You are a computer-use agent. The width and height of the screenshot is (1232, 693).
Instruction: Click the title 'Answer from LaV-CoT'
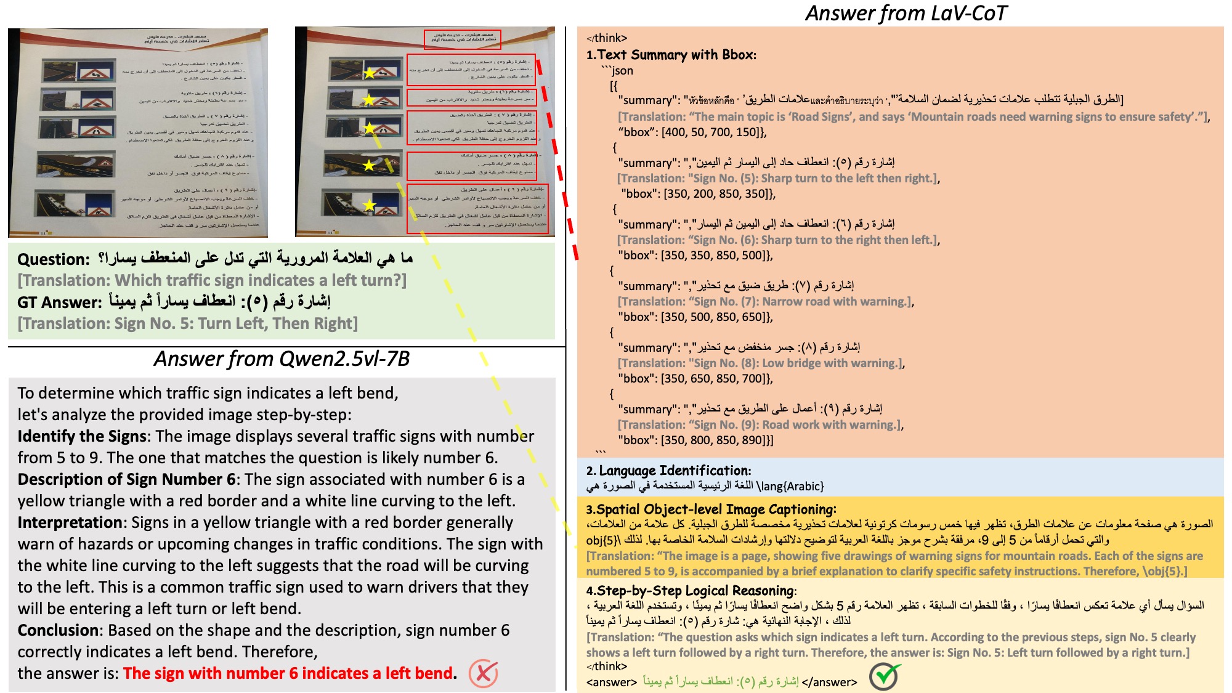[x=906, y=13]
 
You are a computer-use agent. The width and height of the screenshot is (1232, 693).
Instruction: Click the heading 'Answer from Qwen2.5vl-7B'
[x=282, y=359]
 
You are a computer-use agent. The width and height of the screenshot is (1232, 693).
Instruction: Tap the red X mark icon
[x=483, y=673]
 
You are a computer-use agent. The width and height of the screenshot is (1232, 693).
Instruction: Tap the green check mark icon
[x=884, y=676]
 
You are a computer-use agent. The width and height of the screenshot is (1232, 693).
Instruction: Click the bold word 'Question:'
[x=54, y=259]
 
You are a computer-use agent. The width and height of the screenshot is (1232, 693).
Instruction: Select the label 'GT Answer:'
[x=59, y=302]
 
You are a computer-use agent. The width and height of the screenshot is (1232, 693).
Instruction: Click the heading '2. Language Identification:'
[x=668, y=471]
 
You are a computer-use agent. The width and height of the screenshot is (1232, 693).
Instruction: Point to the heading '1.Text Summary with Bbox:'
[x=671, y=55]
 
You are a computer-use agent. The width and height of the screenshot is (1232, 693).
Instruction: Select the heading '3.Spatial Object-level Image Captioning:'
[x=711, y=509]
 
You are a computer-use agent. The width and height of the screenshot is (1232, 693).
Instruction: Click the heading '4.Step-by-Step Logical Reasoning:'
[x=691, y=591]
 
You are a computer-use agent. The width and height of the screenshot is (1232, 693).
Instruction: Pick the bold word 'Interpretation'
[x=70, y=522]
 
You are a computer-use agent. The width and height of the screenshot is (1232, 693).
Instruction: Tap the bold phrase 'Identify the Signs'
[x=83, y=436]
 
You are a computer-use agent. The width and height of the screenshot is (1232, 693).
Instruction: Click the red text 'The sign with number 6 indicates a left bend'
[x=288, y=673]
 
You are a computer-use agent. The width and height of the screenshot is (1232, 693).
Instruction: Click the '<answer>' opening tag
[x=611, y=682]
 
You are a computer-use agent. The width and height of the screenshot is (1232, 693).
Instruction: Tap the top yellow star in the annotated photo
[x=369, y=73]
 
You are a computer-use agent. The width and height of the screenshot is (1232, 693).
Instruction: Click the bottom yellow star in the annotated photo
[x=369, y=205]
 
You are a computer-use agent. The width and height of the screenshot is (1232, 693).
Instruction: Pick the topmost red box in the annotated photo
[x=462, y=39]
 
